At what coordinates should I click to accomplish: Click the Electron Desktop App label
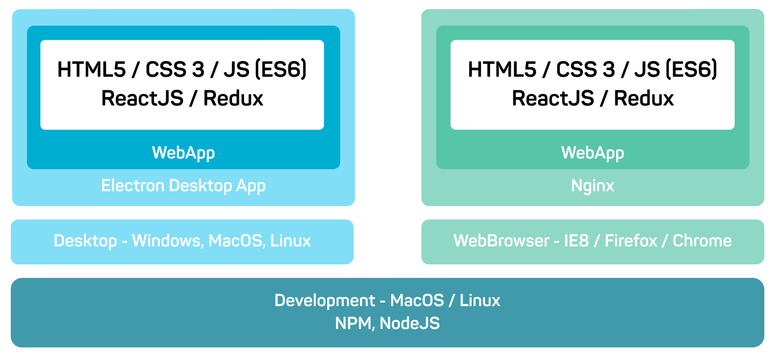[x=183, y=186]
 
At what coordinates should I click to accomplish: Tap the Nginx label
[x=592, y=186]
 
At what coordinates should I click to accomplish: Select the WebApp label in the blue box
[x=183, y=153]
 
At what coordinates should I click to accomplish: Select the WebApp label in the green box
[x=592, y=153]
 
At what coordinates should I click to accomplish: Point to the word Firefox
[x=631, y=241]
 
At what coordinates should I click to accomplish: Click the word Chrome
[x=702, y=241]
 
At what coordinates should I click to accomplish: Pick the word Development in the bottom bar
[x=324, y=300]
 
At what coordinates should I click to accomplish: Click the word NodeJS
[x=410, y=323]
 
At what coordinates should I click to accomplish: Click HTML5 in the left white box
[x=92, y=70]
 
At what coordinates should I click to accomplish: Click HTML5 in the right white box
[x=502, y=70]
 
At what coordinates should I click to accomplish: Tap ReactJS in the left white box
[x=142, y=98]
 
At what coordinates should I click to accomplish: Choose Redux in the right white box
[x=644, y=98]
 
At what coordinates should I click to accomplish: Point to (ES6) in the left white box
[x=280, y=70]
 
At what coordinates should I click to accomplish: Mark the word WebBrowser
[x=501, y=241]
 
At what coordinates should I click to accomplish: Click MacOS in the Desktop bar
[x=235, y=241]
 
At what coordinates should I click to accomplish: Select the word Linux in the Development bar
[x=480, y=300]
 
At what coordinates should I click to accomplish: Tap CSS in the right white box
[x=576, y=70]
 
